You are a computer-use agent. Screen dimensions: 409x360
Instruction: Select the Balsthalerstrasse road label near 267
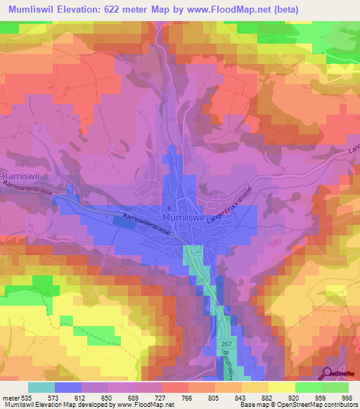tap(236, 360)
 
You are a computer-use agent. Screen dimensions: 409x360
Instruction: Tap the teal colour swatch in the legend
tap(41, 387)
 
